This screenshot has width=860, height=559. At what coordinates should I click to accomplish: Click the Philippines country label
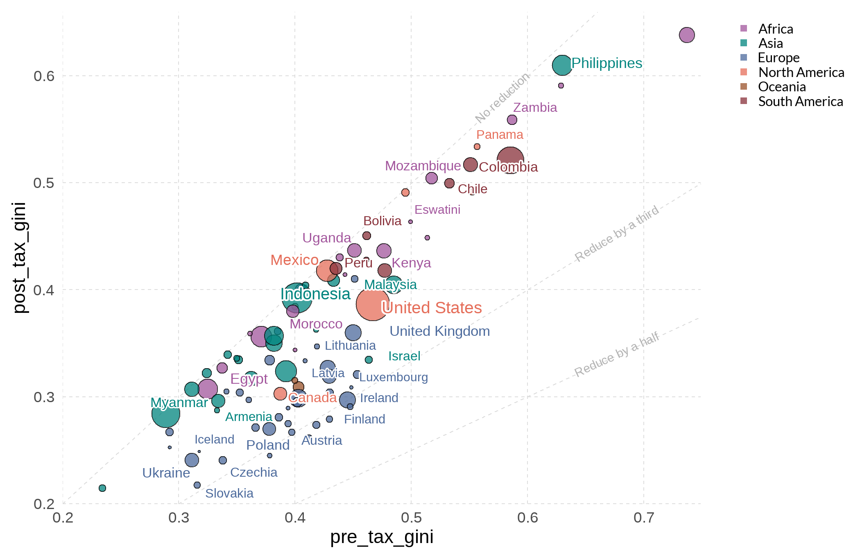click(607, 63)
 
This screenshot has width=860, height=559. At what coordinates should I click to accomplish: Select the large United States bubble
click(372, 304)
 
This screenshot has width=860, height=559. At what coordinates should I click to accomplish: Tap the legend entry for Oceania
click(781, 87)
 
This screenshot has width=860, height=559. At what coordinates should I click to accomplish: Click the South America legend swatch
click(744, 101)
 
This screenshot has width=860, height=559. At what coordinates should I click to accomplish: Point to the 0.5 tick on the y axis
click(44, 183)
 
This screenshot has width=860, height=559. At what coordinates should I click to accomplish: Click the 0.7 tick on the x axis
click(643, 518)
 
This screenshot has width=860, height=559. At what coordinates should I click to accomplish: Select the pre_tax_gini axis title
click(382, 536)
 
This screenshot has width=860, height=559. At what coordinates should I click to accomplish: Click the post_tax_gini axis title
click(19, 258)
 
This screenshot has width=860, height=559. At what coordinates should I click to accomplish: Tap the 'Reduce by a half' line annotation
click(616, 354)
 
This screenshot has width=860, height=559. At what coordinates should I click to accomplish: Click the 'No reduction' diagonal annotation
click(502, 98)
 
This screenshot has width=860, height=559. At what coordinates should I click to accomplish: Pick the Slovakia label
click(229, 493)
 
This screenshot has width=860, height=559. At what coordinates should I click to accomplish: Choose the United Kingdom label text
click(439, 331)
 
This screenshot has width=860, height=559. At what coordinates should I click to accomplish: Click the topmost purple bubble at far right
click(687, 35)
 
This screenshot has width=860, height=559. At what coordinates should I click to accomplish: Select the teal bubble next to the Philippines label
click(562, 65)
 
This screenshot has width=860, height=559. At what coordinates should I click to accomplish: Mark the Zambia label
click(535, 107)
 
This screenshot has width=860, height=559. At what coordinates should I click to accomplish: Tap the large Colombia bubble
click(510, 161)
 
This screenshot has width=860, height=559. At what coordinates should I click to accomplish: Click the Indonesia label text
click(315, 294)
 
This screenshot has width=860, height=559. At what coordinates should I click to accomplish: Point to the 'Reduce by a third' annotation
click(617, 233)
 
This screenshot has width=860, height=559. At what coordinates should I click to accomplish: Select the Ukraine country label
click(166, 473)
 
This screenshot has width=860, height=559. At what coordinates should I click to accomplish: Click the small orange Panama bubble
click(477, 147)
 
